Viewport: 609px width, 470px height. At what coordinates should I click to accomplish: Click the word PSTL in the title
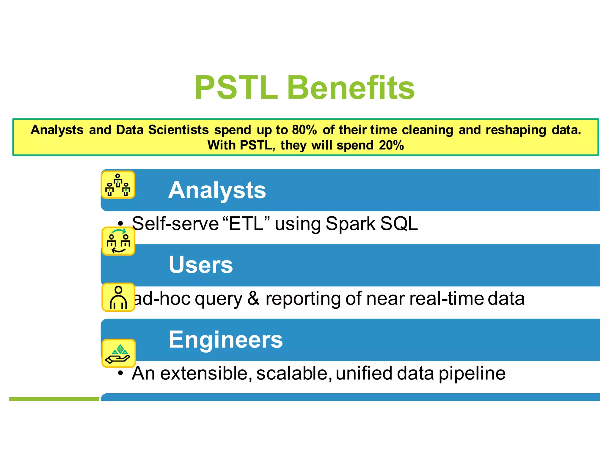(x=236, y=88)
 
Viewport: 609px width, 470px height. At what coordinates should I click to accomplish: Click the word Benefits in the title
(x=351, y=88)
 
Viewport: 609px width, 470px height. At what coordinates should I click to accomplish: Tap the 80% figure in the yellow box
(x=304, y=130)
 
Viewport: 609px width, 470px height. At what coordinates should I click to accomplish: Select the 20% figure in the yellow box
(x=391, y=146)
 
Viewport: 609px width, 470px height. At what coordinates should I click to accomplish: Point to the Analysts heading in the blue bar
(x=217, y=190)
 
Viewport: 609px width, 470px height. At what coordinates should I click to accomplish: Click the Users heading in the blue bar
(x=201, y=265)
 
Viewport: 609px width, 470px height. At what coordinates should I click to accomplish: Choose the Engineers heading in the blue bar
(x=225, y=340)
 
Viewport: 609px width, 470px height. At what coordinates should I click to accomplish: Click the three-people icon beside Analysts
(x=118, y=185)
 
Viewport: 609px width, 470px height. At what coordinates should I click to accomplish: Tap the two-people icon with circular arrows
(x=118, y=241)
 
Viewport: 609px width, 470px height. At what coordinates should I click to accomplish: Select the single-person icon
(x=118, y=297)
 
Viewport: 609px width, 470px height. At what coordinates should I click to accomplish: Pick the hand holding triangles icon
(x=119, y=353)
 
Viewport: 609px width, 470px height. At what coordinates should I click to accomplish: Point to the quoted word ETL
(x=246, y=224)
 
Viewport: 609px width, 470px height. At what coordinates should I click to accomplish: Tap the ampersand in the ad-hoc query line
(x=253, y=299)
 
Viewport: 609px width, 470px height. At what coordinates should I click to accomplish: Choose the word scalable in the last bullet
(x=292, y=373)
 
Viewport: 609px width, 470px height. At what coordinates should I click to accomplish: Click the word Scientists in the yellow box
(x=178, y=130)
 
